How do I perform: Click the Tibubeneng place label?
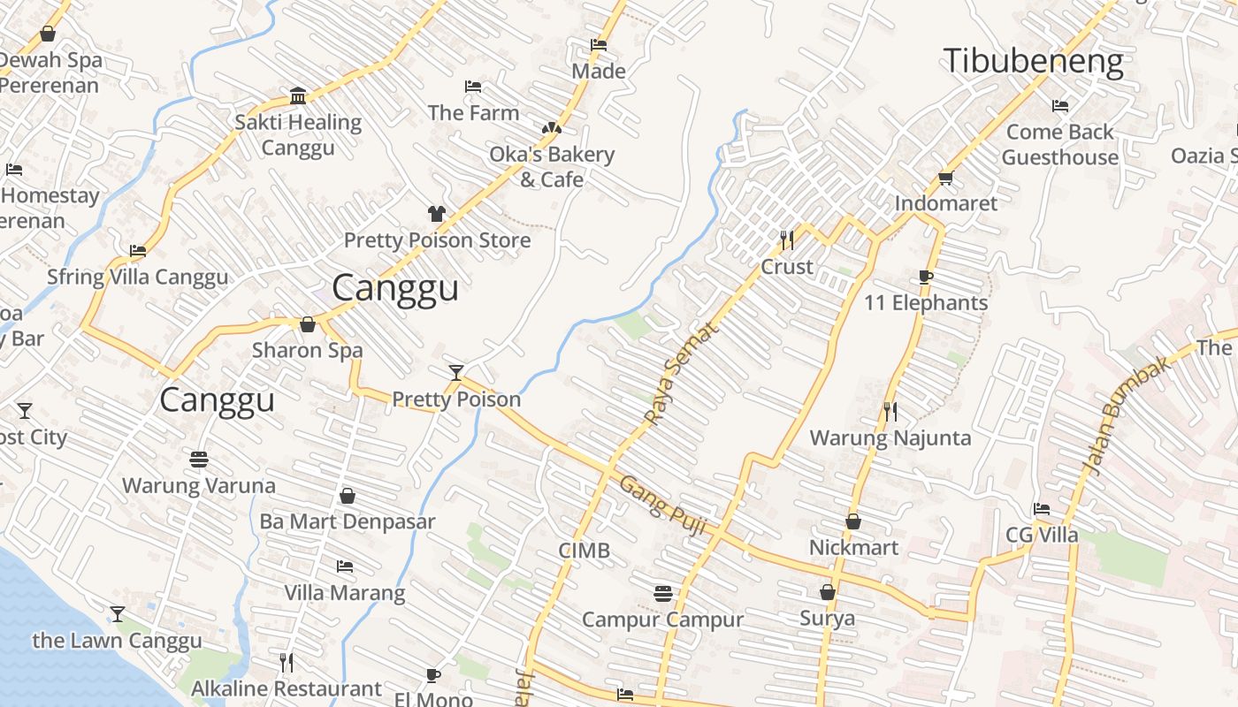pos(1033,61)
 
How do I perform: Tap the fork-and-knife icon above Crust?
pos(787,239)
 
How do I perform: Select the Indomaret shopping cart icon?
pos(945,179)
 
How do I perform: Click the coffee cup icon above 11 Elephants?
pos(926,277)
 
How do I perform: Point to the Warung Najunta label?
pos(890,437)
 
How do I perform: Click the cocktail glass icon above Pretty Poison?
pos(456,373)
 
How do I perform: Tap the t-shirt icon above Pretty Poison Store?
pos(437,213)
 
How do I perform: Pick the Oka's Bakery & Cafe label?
pos(552,166)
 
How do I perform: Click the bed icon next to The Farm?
pos(473,87)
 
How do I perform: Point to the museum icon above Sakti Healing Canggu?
pos(298,95)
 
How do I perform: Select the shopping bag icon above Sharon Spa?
pos(308,324)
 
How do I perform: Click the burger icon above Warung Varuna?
pos(199,460)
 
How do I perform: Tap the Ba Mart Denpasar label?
pos(347,521)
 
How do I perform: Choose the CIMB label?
pos(584,551)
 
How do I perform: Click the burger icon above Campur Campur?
pos(663,593)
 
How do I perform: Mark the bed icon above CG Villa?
pos(1042,509)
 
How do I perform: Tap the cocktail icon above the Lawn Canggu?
pos(117,613)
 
